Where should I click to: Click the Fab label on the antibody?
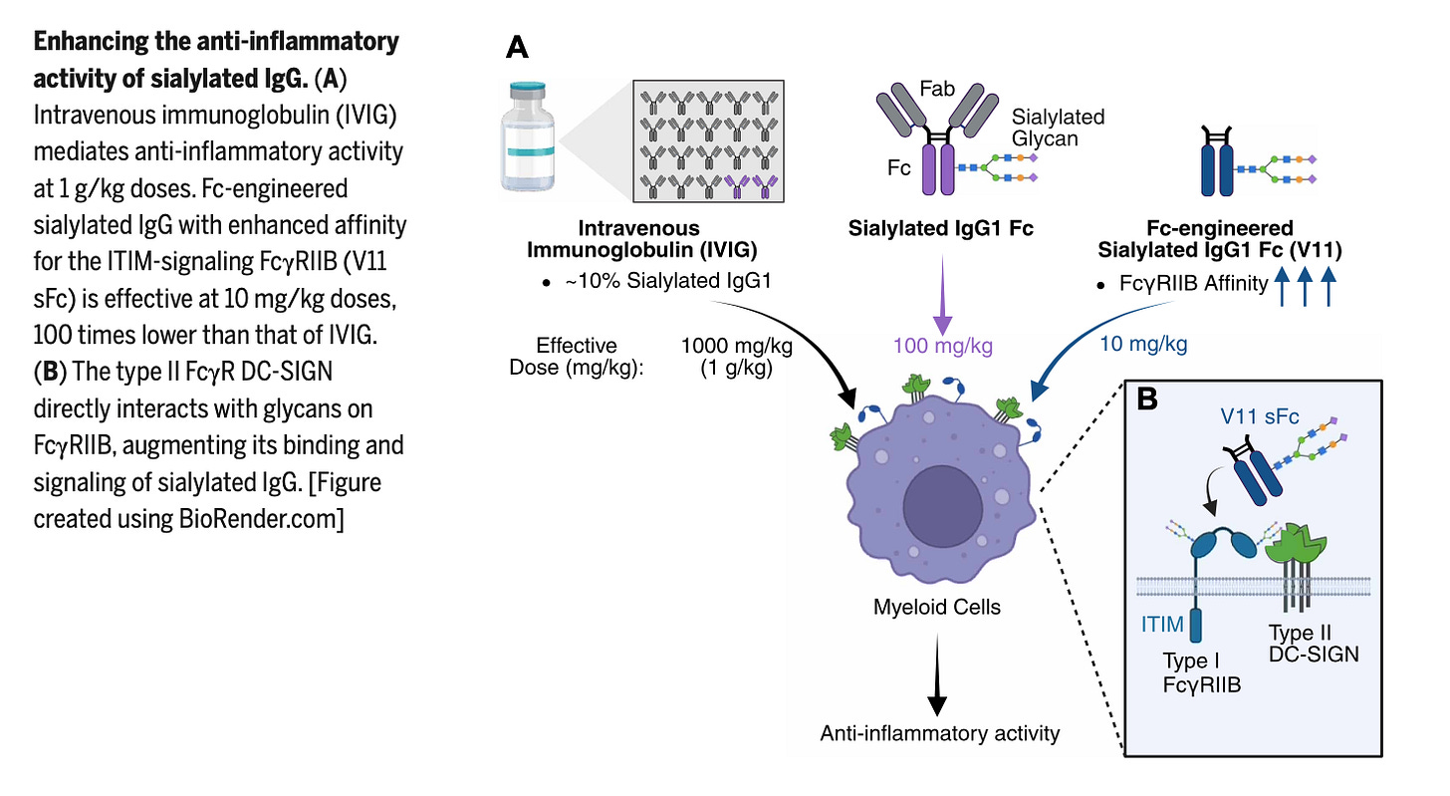pyautogui.click(x=938, y=89)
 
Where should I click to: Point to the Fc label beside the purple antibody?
pyautogui.click(x=898, y=168)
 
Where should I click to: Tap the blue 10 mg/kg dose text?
pyautogui.click(x=1143, y=345)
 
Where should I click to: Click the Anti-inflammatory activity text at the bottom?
pyautogui.click(x=940, y=734)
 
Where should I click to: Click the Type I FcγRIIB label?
pyautogui.click(x=1201, y=674)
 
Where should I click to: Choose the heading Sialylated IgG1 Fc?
pyautogui.click(x=941, y=228)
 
